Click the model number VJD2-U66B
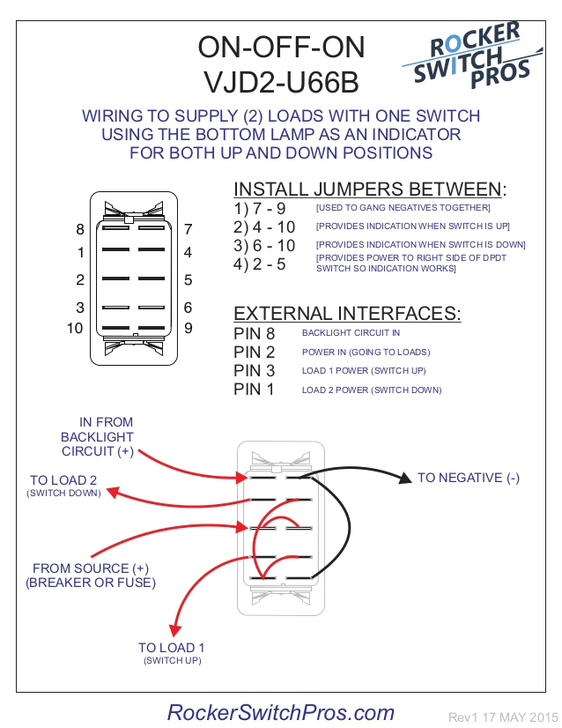[x=281, y=81]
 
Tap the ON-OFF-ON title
[x=281, y=47]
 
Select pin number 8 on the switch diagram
[x=80, y=229]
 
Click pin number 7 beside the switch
[x=188, y=229]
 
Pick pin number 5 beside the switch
[x=188, y=280]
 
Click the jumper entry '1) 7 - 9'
[x=260, y=208]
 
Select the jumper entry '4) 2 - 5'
[x=260, y=264]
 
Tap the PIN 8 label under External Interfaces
[x=255, y=333]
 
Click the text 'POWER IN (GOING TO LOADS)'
[x=366, y=352]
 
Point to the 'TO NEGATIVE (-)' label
[x=469, y=478]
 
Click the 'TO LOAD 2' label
[x=63, y=480]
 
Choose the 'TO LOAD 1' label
[x=172, y=648]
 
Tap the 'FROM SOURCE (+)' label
[x=91, y=568]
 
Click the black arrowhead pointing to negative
[x=405, y=479]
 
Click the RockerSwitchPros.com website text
[x=281, y=712]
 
